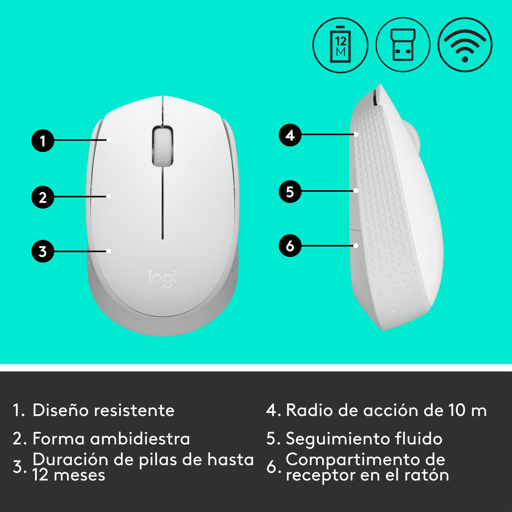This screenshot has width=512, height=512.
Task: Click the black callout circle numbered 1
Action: click(43, 140)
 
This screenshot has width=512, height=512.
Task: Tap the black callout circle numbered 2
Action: click(43, 197)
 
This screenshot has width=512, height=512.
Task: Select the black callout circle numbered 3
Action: click(43, 251)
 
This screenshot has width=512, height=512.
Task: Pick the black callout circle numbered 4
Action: click(290, 135)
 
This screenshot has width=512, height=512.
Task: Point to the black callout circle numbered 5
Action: click(290, 191)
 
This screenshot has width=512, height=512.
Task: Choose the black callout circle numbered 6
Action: click(290, 245)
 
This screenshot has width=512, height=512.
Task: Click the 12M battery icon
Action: click(340, 45)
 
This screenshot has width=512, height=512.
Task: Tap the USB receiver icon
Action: click(403, 45)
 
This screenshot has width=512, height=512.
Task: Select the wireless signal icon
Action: click(465, 45)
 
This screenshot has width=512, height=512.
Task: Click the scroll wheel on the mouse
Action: click(162, 146)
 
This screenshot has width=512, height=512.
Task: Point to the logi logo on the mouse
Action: click(163, 278)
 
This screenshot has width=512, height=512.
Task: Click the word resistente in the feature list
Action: click(134, 410)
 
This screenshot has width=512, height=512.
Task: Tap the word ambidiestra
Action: click(141, 439)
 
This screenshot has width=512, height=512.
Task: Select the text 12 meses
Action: click(69, 475)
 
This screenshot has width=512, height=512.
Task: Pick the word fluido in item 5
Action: click(419, 439)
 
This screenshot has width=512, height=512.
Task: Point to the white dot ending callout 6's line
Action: click(356, 245)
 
